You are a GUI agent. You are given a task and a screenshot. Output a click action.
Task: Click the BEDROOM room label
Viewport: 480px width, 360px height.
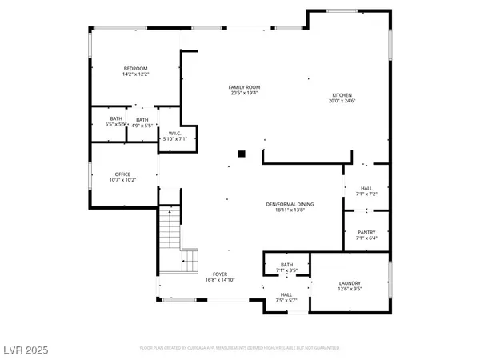coord(135,69)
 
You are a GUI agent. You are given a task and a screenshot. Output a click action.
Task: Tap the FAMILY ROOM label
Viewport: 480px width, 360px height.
coord(245,87)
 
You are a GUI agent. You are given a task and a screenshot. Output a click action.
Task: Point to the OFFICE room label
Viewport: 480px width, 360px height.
coord(122,174)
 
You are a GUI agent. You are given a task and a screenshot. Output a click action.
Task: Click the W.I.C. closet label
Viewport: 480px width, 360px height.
coord(173,134)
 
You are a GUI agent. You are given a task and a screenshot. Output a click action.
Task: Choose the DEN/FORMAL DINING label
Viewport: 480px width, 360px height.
coord(290,205)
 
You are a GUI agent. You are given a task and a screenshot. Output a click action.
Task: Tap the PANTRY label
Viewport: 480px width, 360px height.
coord(366,232)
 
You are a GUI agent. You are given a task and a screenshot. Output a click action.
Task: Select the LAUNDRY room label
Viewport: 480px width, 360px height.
coord(349,284)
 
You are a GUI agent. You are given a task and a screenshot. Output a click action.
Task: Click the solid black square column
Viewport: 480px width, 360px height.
coord(241,152)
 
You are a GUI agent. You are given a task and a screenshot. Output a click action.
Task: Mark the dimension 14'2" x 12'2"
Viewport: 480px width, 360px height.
coord(135,75)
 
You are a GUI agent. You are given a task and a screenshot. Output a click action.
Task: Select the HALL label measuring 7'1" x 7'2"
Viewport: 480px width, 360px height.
coord(366,189)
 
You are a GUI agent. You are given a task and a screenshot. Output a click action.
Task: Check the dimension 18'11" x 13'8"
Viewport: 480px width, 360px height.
coord(290,211)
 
